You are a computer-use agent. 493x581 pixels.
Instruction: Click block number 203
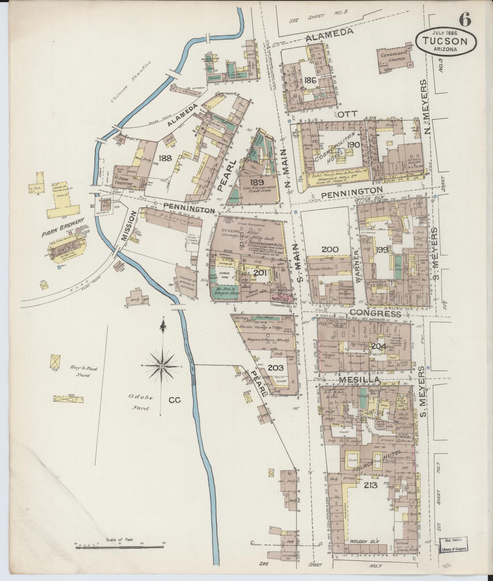[x=276, y=368]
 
